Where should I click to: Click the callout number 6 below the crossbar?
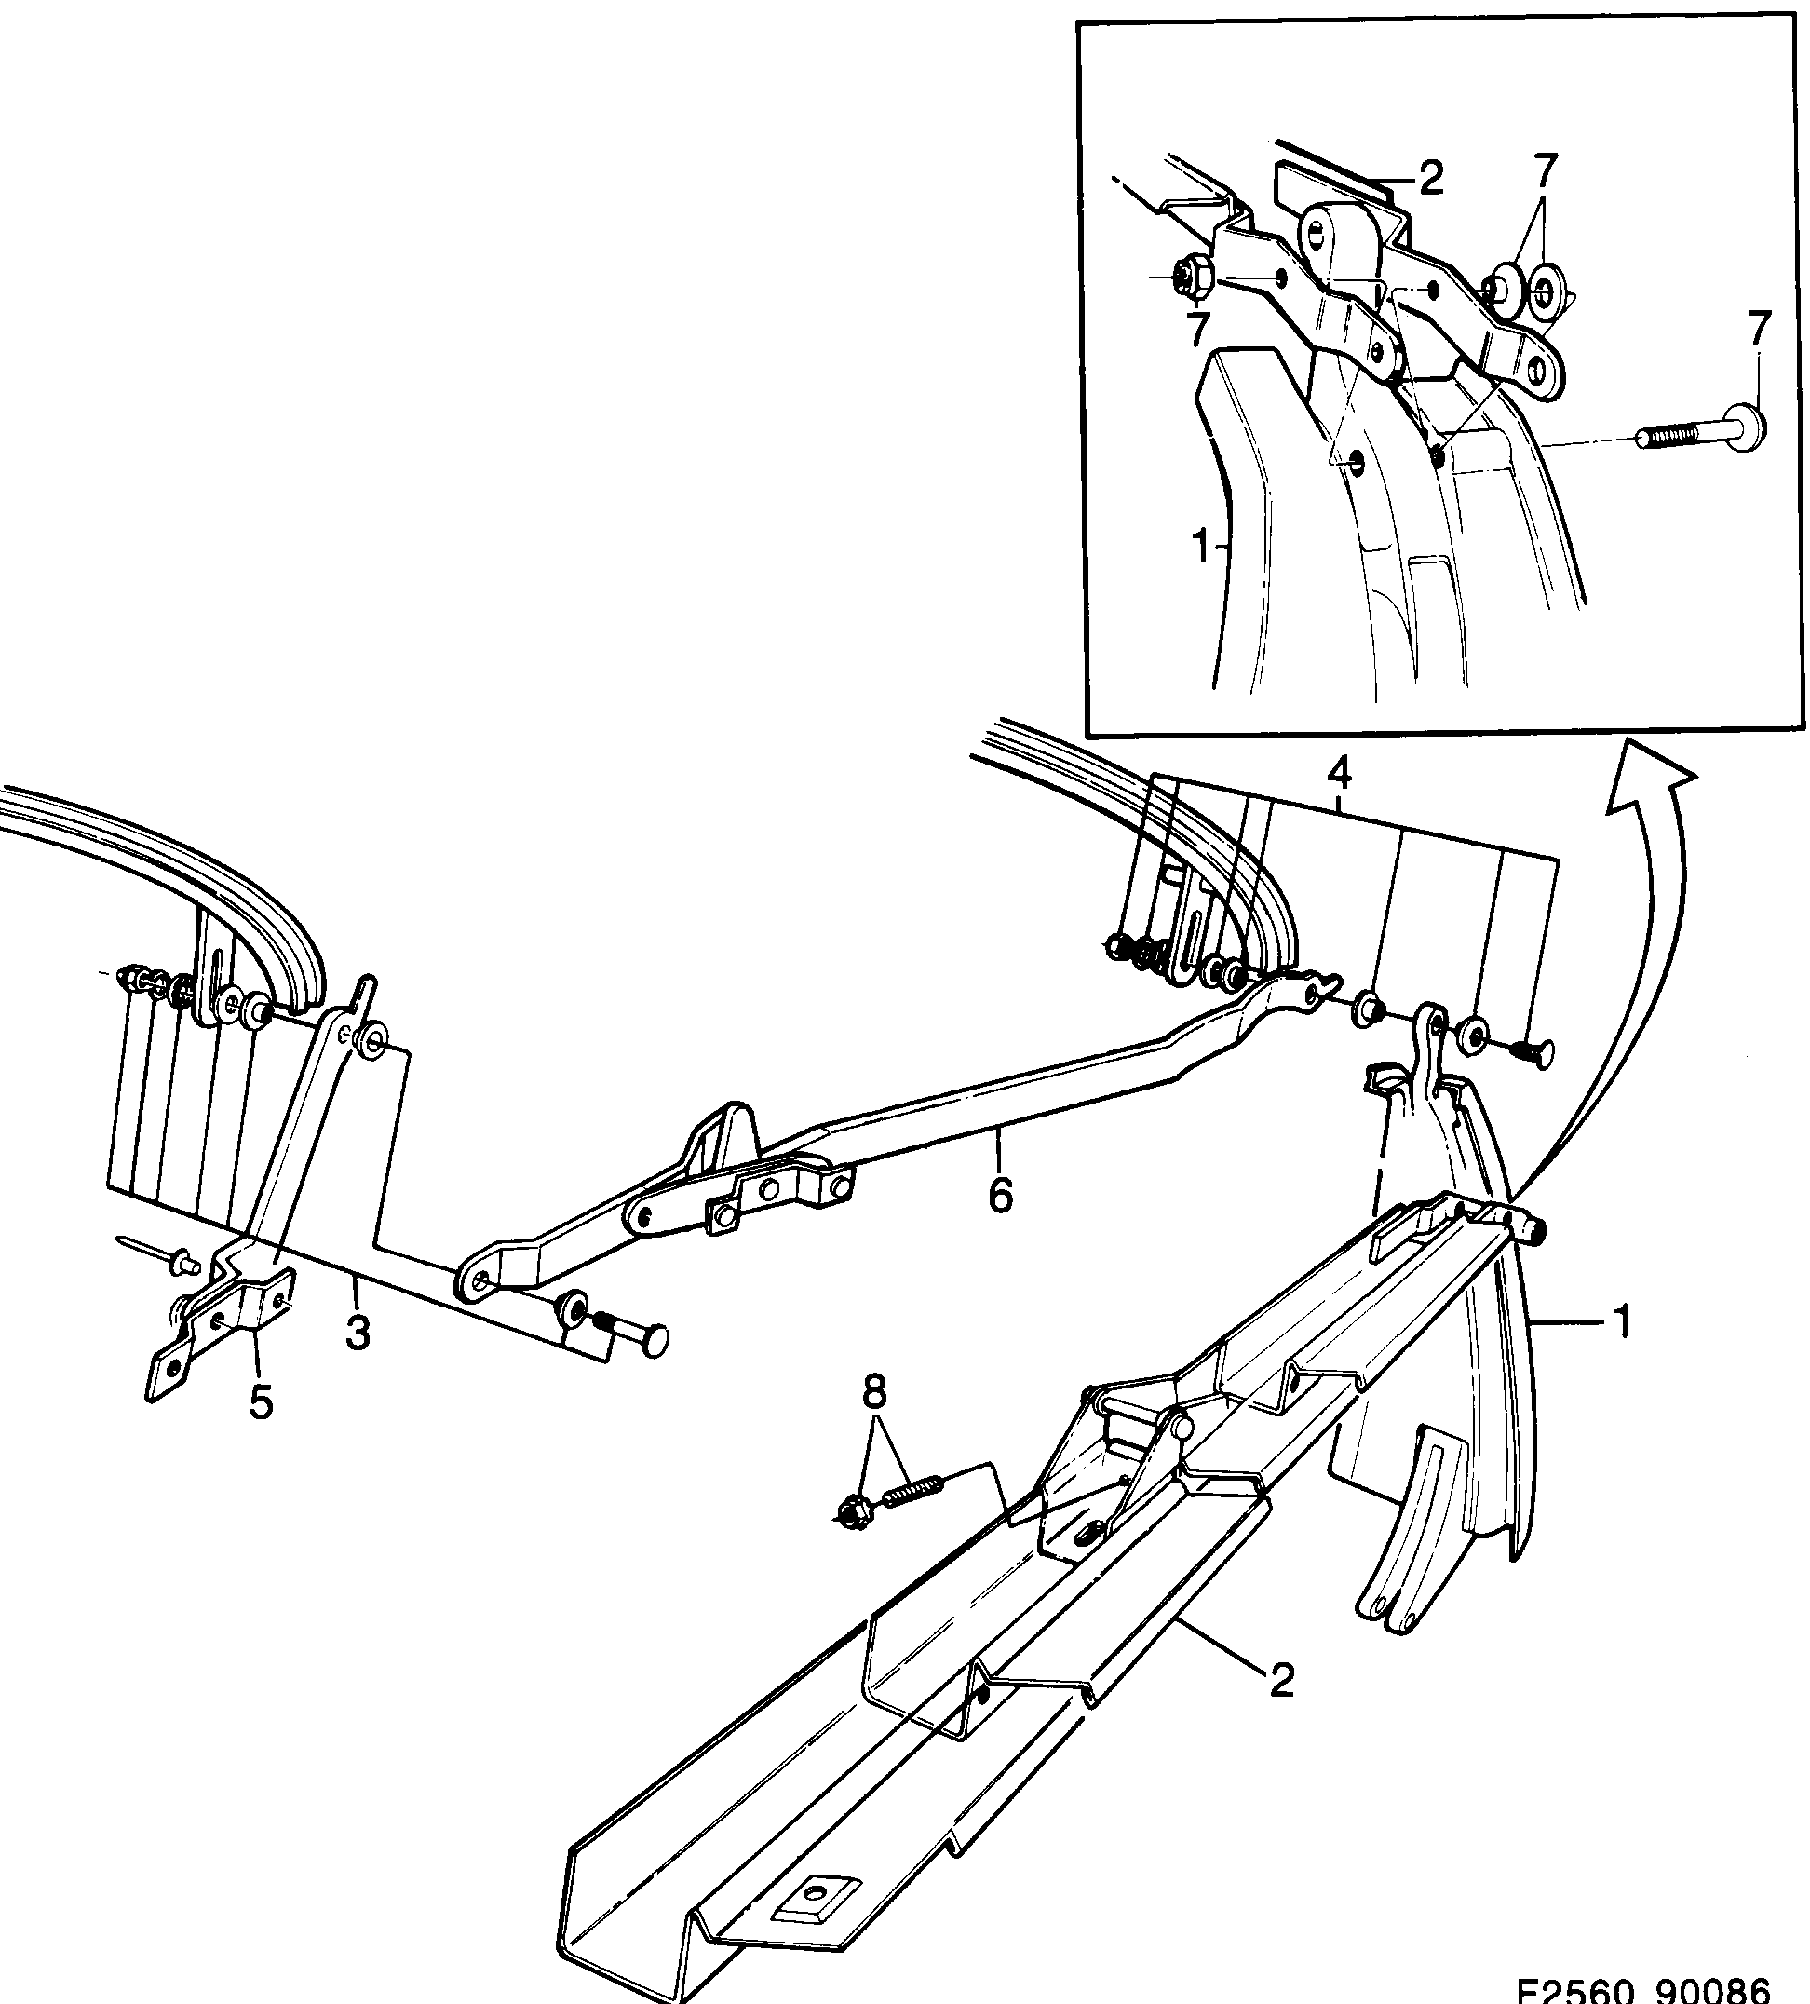point(1000,1194)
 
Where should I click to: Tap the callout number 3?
point(358,1332)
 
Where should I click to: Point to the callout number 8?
point(873,1393)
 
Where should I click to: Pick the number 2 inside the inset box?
point(1430,180)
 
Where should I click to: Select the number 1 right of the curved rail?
point(1621,1322)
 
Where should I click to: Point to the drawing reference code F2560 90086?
point(1642,1989)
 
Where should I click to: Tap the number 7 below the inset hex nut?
point(1198,327)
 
